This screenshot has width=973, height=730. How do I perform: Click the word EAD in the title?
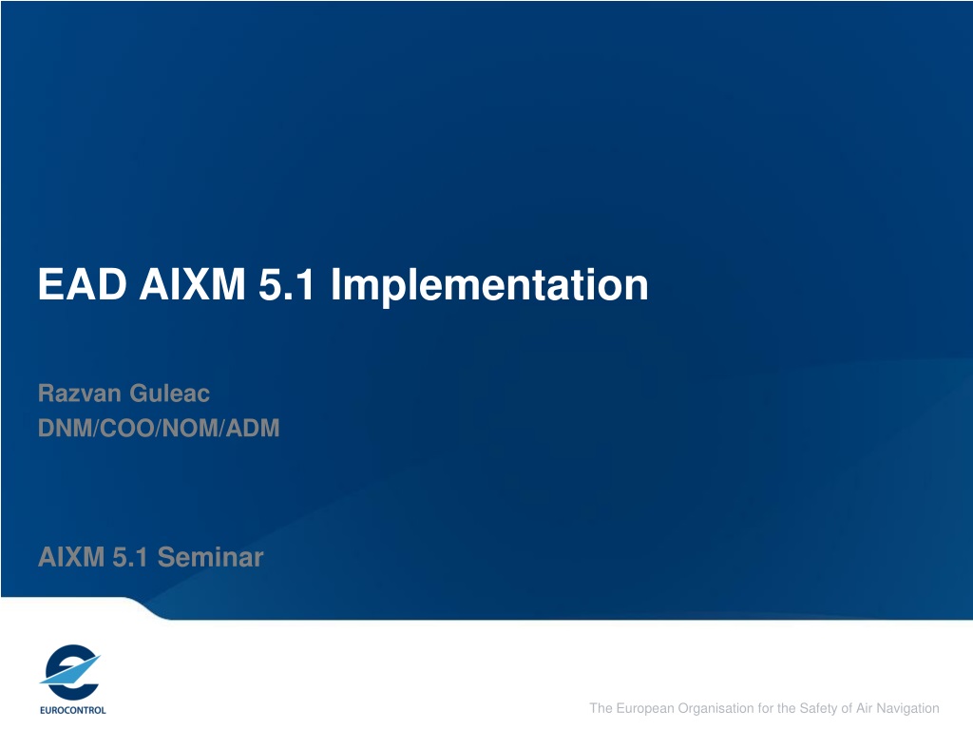click(x=83, y=284)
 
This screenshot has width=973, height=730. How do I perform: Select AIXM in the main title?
click(x=192, y=284)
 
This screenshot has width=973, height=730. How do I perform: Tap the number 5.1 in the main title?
click(x=286, y=284)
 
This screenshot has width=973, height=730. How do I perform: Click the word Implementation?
click(x=489, y=285)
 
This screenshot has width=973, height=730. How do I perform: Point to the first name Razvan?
click(x=80, y=393)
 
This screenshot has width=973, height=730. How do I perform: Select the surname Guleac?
click(x=169, y=393)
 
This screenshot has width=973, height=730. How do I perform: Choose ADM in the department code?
click(x=253, y=428)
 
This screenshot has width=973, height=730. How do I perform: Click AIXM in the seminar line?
click(x=70, y=557)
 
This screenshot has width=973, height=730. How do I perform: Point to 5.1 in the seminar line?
click(x=129, y=557)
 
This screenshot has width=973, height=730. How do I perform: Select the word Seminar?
click(x=210, y=557)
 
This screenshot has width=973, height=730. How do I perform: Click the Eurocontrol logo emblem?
click(x=70, y=672)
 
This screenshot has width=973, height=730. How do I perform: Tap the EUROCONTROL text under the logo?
click(x=72, y=710)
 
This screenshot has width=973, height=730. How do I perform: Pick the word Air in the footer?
click(x=865, y=708)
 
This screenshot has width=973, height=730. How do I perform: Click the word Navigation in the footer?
click(x=907, y=708)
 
